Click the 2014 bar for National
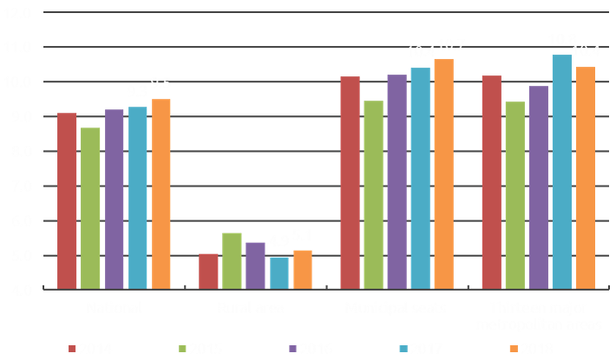tap(67, 200)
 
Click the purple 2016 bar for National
tap(114, 199)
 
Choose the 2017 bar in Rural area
tap(279, 272)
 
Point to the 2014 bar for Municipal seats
tap(350, 182)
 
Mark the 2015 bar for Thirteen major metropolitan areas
tap(514, 195)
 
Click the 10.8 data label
tap(561, 40)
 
